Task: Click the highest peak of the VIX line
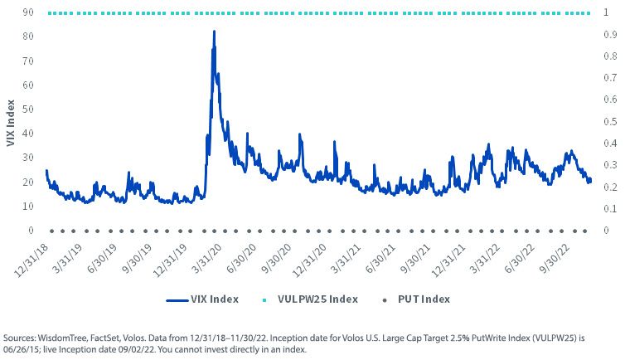[214, 31]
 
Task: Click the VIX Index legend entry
[202, 299]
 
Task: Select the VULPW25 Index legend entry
[311, 299]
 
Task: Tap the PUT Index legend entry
[416, 299]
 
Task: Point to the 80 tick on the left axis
[28, 36]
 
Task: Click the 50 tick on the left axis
[28, 109]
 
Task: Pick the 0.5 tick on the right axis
[610, 121]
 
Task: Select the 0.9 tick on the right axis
[610, 34]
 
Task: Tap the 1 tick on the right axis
[606, 12]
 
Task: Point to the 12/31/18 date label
[31, 260]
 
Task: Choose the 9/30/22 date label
[554, 258]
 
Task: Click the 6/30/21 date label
[380, 258]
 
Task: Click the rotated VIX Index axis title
[11, 123]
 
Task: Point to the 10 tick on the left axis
[28, 206]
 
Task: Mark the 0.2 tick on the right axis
[610, 187]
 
